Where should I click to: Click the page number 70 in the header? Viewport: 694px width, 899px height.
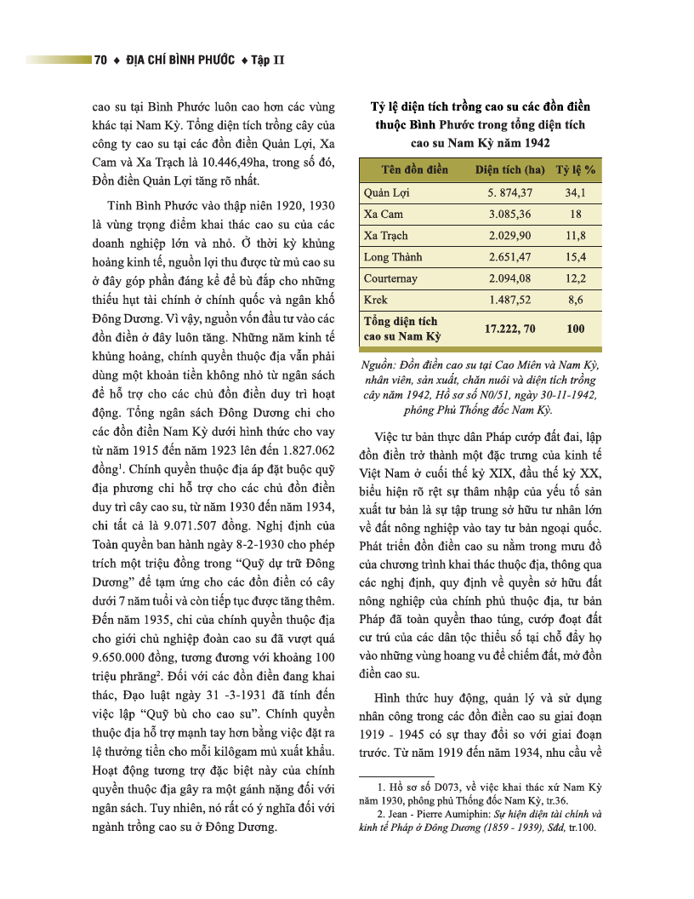[x=100, y=60]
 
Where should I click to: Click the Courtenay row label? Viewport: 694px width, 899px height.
[x=390, y=278]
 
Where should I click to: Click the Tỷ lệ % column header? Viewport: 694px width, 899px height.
[x=576, y=169]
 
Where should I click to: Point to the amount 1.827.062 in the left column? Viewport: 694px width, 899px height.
[x=304, y=449]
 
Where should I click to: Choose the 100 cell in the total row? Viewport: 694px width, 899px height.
[x=575, y=328]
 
